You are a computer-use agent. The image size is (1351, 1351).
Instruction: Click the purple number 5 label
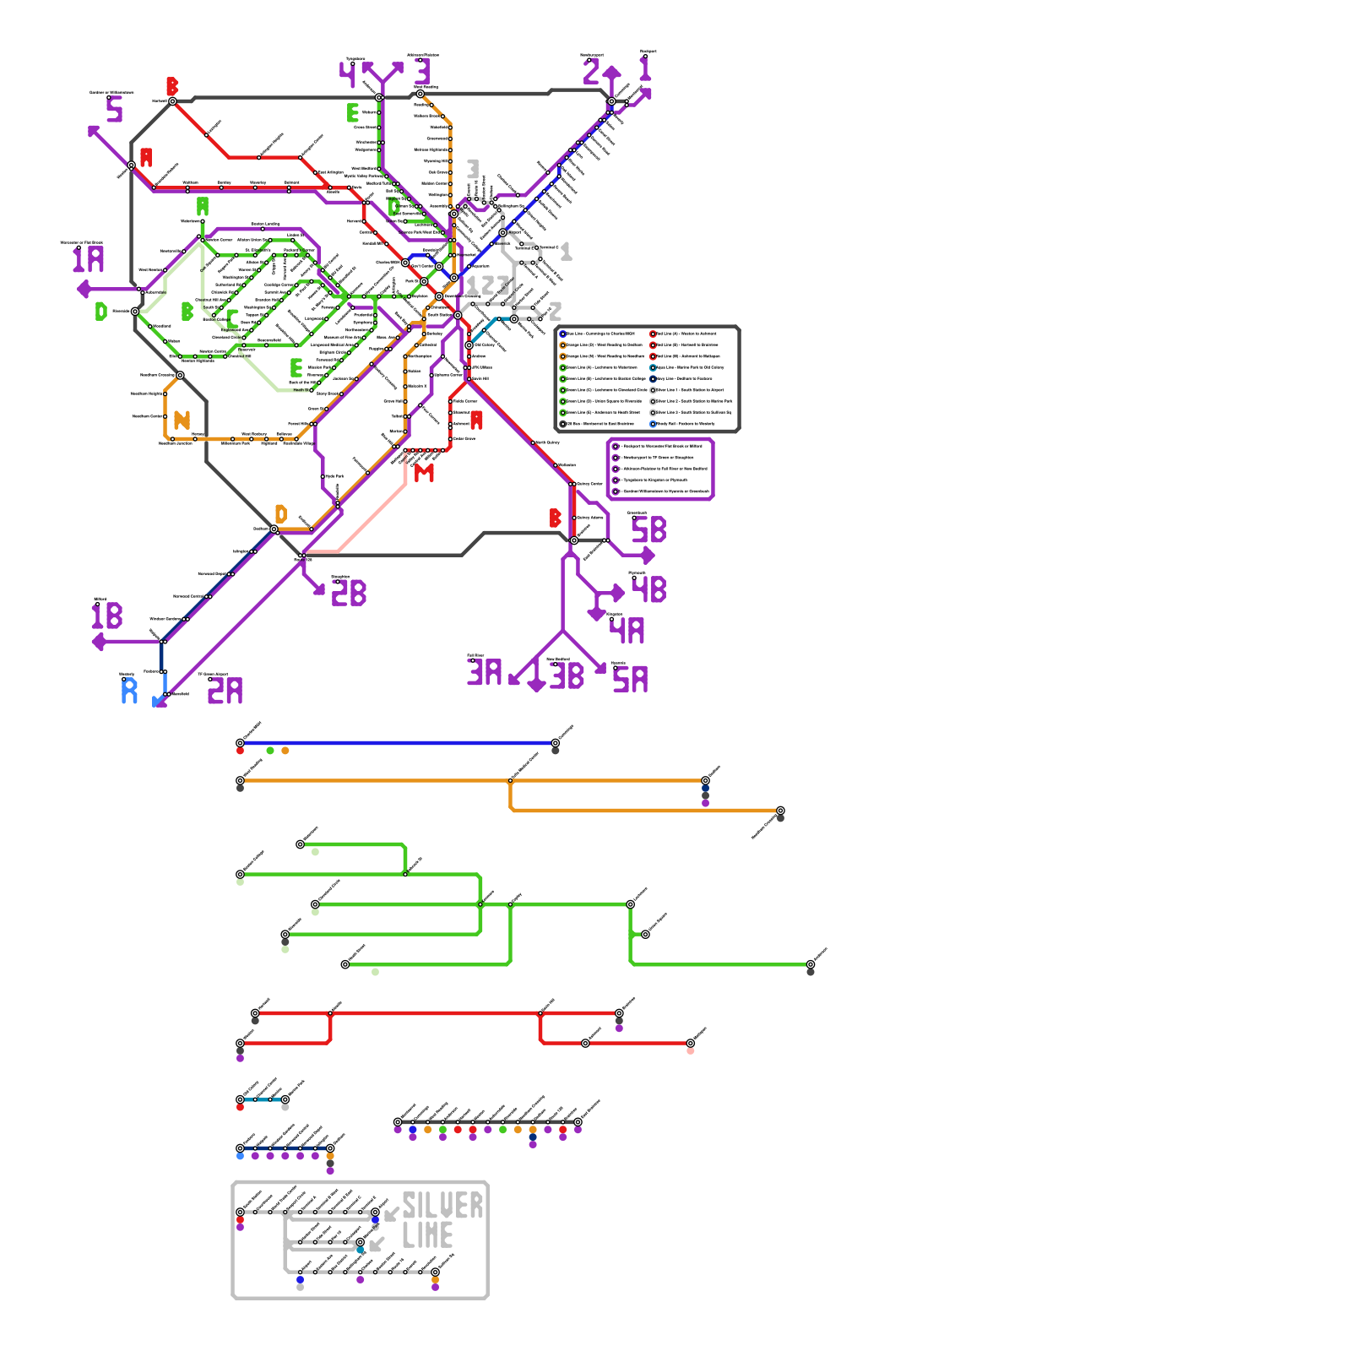(115, 109)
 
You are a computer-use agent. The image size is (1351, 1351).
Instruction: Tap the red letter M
(424, 474)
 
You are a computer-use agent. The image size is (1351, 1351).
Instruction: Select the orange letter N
(182, 420)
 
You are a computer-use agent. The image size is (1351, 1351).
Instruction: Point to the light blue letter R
(129, 692)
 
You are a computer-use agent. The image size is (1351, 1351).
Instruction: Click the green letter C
(232, 319)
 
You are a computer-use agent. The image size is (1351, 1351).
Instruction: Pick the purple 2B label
(349, 594)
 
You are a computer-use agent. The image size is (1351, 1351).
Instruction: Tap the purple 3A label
(485, 673)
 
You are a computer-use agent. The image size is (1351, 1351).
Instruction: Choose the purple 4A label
(627, 631)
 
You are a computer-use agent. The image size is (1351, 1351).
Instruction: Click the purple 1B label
(107, 616)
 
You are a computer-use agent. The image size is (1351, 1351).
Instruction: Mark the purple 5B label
(648, 530)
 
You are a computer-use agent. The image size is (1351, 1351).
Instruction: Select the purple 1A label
(88, 260)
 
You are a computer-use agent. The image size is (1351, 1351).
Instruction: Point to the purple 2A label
(225, 692)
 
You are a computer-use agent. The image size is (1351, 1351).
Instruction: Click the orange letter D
(281, 513)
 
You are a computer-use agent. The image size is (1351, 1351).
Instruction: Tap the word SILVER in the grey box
(442, 1206)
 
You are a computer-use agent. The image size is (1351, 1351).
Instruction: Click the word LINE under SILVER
(427, 1236)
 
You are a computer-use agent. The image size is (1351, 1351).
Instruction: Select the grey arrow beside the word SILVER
(391, 1215)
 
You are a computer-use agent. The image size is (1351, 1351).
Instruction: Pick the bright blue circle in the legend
(563, 334)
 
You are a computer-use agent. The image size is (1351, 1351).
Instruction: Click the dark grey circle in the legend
(563, 424)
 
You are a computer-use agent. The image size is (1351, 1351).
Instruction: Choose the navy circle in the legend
(653, 379)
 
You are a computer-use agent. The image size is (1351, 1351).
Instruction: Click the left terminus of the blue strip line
(241, 743)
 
